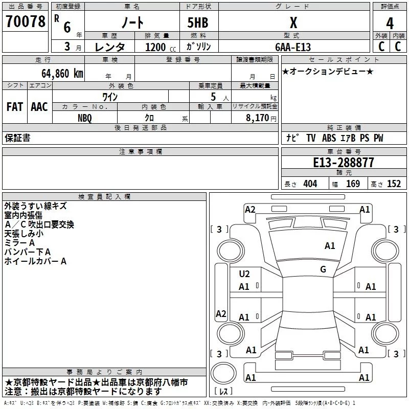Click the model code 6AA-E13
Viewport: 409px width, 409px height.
tap(293, 47)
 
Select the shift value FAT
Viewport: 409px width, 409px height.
tap(15, 107)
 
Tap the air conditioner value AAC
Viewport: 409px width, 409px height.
tap(39, 107)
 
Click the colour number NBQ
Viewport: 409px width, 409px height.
tap(85, 118)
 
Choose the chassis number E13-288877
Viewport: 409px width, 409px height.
tap(343, 163)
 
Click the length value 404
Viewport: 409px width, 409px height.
tap(310, 184)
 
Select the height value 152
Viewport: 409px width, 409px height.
tap(394, 184)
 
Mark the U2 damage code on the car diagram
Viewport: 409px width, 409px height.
tap(244, 274)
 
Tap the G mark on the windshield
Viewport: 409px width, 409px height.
tap(323, 269)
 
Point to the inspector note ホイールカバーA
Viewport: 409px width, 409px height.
tap(35, 261)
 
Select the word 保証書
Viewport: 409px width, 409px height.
tap(17, 138)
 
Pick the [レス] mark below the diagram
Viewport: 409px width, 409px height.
tap(223, 392)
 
